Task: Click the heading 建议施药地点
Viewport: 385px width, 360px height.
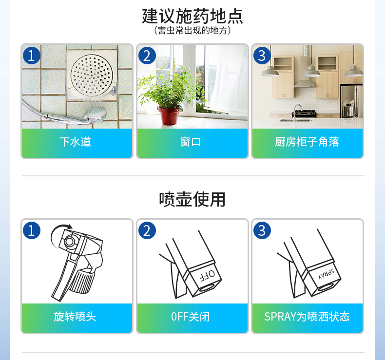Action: click(x=192, y=16)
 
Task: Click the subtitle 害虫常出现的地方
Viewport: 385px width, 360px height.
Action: click(x=192, y=30)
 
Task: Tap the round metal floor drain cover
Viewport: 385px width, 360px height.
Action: click(x=92, y=76)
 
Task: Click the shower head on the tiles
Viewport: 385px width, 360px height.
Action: click(x=97, y=115)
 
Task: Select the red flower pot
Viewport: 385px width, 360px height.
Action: click(x=169, y=116)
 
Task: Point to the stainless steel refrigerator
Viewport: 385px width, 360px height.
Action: click(x=351, y=101)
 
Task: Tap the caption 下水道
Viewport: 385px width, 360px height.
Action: click(x=76, y=142)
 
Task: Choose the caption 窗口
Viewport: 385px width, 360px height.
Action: click(x=191, y=142)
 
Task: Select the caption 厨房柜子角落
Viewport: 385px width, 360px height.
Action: click(x=307, y=142)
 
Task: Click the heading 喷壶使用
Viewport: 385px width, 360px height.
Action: click(x=192, y=199)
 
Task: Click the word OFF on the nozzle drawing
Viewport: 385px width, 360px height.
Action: click(x=208, y=276)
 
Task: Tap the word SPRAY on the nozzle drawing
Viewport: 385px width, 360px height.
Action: click(x=327, y=274)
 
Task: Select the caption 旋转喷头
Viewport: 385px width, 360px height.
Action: click(x=75, y=317)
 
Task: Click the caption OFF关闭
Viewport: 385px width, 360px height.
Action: click(x=191, y=317)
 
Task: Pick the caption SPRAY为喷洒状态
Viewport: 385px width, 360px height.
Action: click(x=307, y=317)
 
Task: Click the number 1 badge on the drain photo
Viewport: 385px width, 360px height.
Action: click(x=32, y=56)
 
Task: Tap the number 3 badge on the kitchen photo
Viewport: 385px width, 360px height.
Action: click(x=262, y=56)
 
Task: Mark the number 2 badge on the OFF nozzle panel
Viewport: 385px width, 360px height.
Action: click(x=147, y=230)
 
